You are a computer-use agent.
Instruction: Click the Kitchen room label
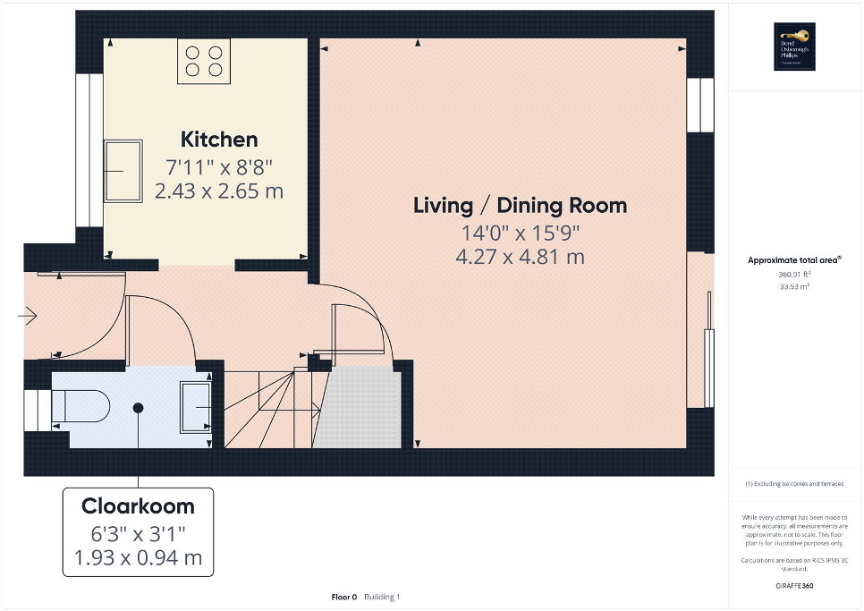(219, 140)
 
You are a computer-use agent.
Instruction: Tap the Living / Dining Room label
(520, 205)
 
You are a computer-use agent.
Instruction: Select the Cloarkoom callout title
(138, 506)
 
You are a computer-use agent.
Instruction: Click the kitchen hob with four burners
(204, 60)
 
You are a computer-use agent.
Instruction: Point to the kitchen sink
(123, 171)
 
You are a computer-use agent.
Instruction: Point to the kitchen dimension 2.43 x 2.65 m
(219, 191)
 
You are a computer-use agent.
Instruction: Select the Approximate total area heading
(795, 260)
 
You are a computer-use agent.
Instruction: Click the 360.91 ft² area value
(795, 274)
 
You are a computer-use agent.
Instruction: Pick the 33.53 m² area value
(795, 287)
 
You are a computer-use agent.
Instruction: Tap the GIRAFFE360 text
(795, 586)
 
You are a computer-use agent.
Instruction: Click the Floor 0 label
(343, 597)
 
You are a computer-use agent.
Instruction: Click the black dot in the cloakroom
(138, 408)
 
